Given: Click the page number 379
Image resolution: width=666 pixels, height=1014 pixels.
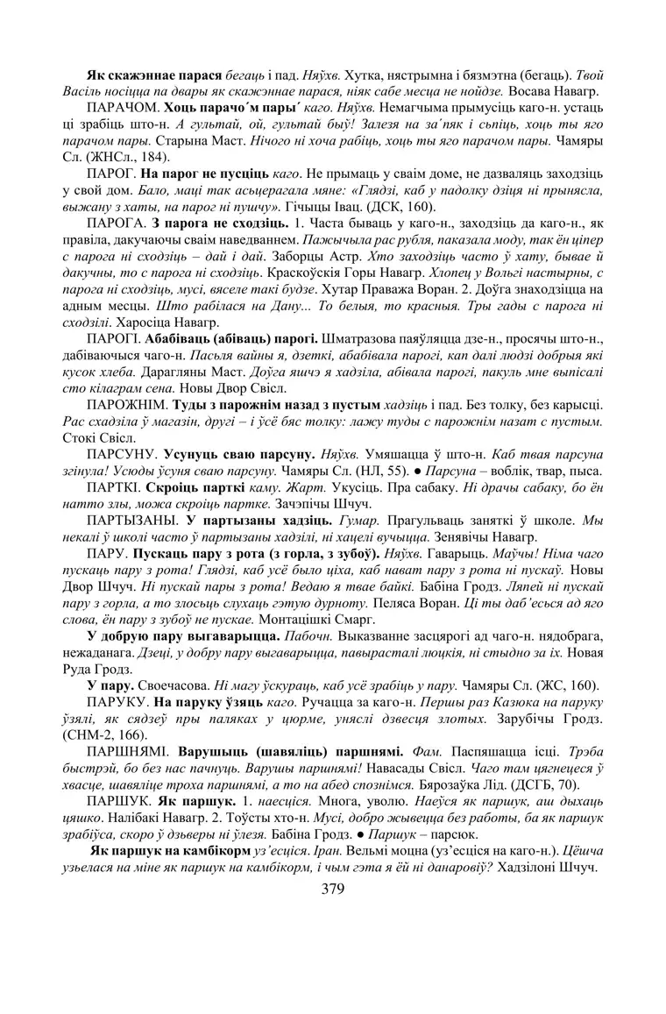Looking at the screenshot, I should point(332,889).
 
